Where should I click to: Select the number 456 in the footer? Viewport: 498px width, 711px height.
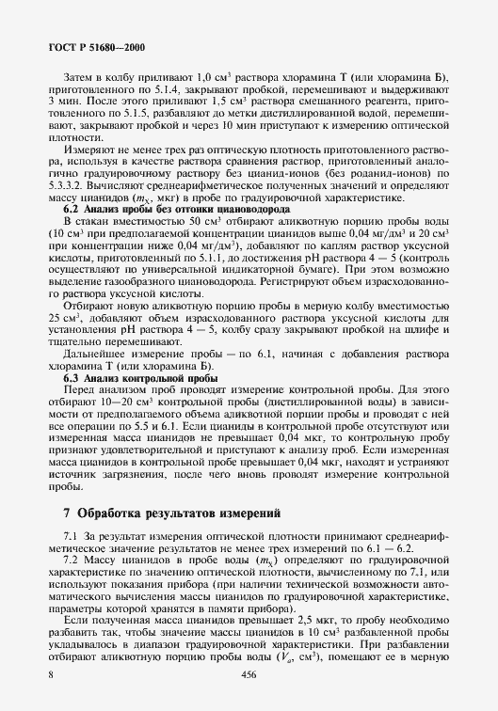click(249, 675)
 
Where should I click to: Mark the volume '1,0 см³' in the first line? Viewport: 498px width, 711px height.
click(210, 76)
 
